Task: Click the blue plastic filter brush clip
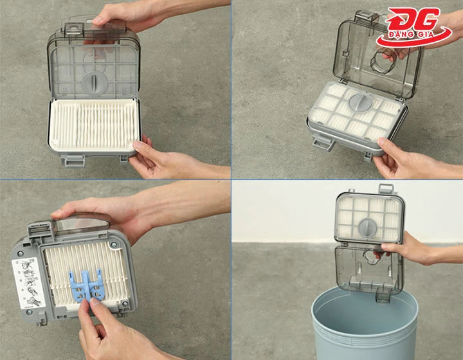[86, 285]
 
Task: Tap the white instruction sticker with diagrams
[28, 283]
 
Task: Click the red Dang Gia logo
[413, 27]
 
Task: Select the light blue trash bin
[365, 323]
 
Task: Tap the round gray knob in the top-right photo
[361, 103]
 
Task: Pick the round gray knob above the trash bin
[368, 228]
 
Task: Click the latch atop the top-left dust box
[73, 25]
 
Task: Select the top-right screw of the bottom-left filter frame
[114, 244]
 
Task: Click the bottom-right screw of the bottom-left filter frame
[125, 303]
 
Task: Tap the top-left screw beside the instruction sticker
[20, 253]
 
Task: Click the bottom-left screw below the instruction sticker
[29, 312]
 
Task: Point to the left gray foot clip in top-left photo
[73, 161]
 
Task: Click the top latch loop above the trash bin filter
[386, 188]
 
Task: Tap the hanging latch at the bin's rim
[383, 296]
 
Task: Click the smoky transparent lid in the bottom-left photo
[80, 222]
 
